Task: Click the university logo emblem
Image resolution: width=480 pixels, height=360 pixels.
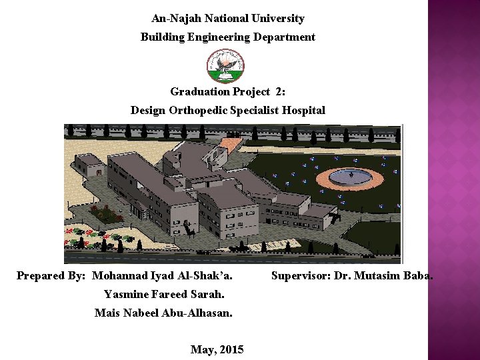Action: tap(226, 66)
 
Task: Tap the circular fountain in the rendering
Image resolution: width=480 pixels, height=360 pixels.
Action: tap(349, 178)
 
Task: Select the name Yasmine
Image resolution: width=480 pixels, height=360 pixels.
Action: tap(127, 294)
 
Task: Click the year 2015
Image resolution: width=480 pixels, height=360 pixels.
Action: tap(231, 349)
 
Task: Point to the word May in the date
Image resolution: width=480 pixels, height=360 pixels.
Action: tap(202, 349)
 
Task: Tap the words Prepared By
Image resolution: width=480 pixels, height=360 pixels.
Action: tap(51, 275)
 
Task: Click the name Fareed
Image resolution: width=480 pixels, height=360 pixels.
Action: tap(173, 294)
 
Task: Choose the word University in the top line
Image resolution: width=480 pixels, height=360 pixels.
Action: tap(279, 19)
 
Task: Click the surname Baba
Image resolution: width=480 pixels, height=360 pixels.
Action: tap(419, 275)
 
